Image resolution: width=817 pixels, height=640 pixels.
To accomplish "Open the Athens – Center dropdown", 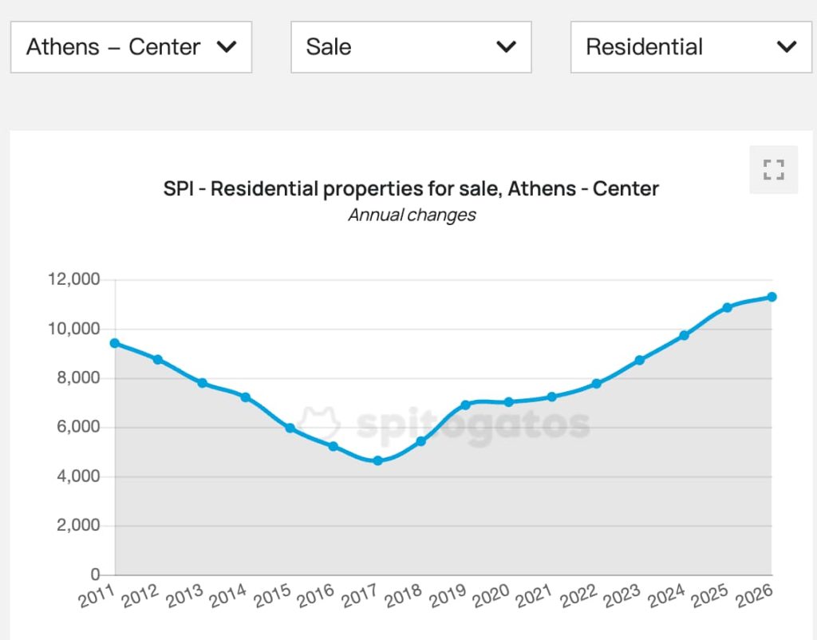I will click(131, 47).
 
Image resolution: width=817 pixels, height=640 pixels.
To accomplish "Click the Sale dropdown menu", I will click(411, 47).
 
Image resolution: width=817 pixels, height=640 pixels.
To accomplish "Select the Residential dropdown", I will click(691, 47).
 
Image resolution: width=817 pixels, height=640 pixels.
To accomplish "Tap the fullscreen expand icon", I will click(773, 169).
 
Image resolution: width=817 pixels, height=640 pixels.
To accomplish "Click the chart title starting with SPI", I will click(411, 189).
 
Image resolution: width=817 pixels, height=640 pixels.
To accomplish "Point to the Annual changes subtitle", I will click(412, 215).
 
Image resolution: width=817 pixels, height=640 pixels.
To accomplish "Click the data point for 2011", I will click(115, 343).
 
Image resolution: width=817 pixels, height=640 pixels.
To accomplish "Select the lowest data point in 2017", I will click(377, 460).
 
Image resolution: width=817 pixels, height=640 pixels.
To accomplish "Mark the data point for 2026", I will click(772, 297).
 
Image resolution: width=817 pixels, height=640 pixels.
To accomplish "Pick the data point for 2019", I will click(465, 405).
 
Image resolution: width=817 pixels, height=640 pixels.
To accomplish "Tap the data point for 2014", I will click(246, 397).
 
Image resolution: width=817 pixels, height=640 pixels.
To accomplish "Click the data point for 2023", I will click(640, 360).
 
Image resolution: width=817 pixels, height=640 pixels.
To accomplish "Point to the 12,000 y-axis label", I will click(73, 279).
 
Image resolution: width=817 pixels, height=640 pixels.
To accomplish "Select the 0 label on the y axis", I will click(95, 575).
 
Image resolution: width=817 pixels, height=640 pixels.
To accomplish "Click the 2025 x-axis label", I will click(711, 595).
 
